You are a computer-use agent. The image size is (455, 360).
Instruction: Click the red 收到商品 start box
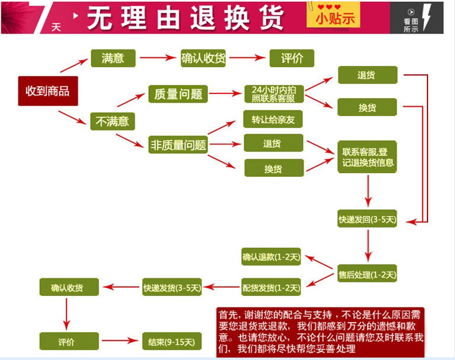click(48, 91)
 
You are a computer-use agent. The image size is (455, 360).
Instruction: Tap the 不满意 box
click(112, 121)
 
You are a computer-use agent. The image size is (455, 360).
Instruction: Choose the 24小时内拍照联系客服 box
click(273, 93)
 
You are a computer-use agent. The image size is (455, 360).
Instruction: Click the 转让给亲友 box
click(273, 119)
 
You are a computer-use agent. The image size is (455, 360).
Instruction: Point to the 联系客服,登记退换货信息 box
click(368, 157)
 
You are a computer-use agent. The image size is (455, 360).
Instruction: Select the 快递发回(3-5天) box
click(368, 218)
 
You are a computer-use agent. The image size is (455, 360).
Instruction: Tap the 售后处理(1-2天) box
click(368, 274)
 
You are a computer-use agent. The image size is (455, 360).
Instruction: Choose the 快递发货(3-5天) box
click(172, 287)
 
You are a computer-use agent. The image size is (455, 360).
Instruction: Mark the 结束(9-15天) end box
click(172, 341)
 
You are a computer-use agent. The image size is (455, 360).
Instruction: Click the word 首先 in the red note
click(227, 315)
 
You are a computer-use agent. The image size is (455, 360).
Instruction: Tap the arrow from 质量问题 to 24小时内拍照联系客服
click(225, 93)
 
